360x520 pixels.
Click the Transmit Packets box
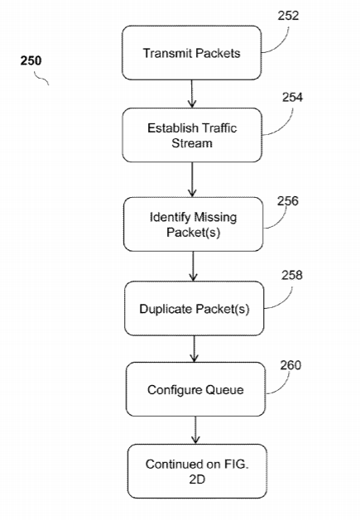tap(192, 53)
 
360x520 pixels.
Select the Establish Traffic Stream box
tap(192, 135)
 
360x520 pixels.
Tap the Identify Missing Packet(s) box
tap(194, 224)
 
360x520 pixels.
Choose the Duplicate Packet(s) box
tap(194, 308)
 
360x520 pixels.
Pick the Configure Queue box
tap(195, 389)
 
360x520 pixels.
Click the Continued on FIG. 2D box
tap(197, 471)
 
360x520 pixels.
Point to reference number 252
tap(288, 16)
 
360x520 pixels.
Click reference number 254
tap(292, 97)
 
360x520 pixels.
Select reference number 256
tap(288, 200)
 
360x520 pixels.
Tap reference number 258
tap(292, 275)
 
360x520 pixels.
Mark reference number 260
tap(290, 365)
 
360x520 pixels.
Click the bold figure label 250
tap(31, 60)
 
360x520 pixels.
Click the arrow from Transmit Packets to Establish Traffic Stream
tap(192, 94)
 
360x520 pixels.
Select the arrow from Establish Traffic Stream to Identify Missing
tap(192, 180)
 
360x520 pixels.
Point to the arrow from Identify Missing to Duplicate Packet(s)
tap(194, 267)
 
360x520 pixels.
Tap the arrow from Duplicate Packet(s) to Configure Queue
tap(194, 349)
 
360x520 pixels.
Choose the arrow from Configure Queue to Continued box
tap(195, 431)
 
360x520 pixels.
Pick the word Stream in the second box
tap(192, 143)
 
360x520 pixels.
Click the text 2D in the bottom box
tap(197, 479)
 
